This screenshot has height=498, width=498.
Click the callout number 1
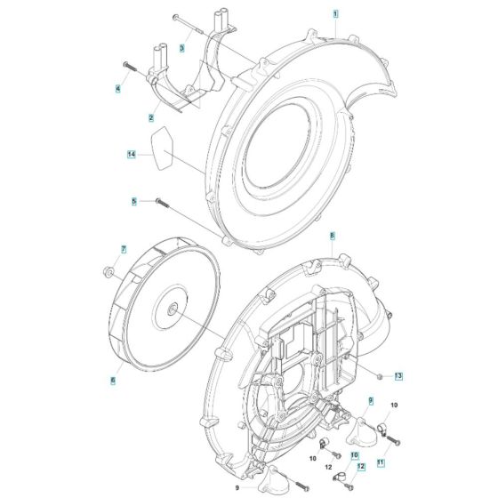(x=335, y=15)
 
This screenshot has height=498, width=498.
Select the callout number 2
(x=151, y=117)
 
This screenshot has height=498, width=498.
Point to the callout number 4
(x=116, y=87)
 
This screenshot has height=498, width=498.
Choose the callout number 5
(x=134, y=202)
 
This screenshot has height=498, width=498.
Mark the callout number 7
(x=124, y=249)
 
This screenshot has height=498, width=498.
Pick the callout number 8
(x=332, y=237)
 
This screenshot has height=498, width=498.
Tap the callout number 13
(x=399, y=377)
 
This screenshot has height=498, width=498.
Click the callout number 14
(x=131, y=154)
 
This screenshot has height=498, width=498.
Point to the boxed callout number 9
(x=371, y=402)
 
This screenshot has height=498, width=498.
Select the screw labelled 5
(x=162, y=202)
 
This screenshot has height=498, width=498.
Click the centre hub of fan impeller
(x=170, y=309)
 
